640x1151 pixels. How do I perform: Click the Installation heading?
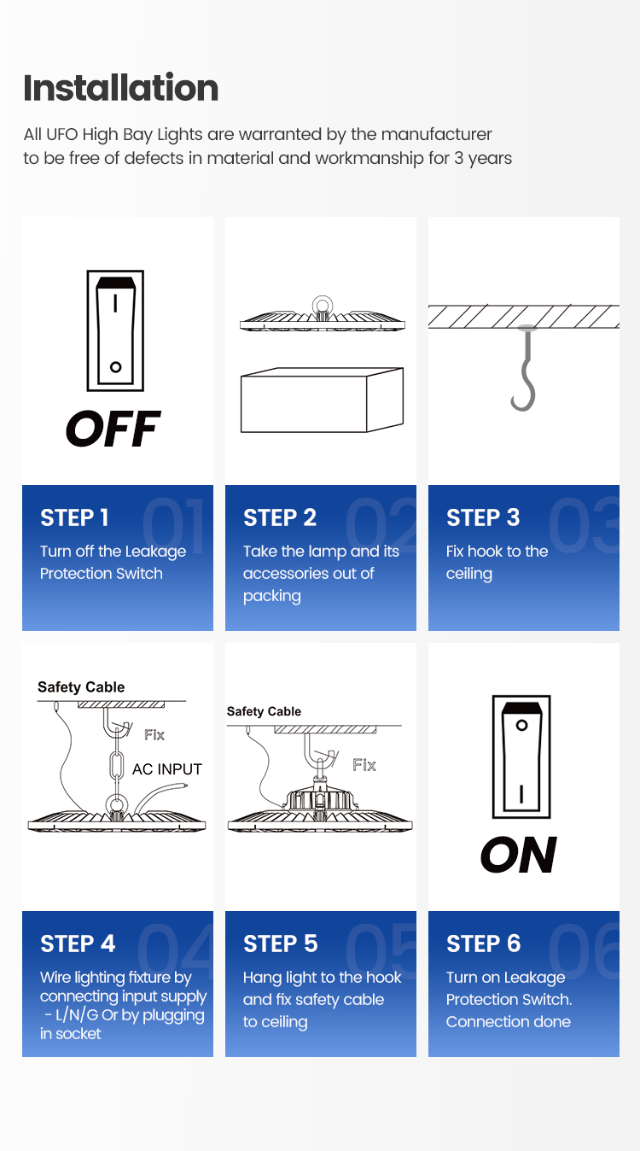pos(120,88)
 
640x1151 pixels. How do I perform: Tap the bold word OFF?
pos(113,428)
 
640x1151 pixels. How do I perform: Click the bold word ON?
pos(519,855)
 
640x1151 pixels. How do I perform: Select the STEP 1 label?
pos(74,517)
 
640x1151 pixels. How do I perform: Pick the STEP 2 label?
pos(280,517)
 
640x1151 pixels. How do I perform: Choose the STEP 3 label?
pos(483,517)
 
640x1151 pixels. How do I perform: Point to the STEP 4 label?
pos(78,944)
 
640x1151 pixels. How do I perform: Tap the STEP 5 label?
pos(281,944)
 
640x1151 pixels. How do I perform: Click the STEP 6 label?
pos(483,944)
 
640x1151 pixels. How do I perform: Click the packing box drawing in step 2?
pos(322,400)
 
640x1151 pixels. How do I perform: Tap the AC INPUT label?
pos(167,769)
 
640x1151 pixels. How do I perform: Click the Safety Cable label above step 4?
pos(81,687)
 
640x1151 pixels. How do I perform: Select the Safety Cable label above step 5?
pos(264,711)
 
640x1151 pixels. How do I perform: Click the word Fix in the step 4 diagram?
pos(154,735)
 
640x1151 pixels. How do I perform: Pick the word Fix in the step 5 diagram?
pos(364,765)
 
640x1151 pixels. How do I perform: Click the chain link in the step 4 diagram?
pos(117,764)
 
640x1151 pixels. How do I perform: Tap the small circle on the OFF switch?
pos(115,367)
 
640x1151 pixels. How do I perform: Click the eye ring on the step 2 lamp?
pos(322,306)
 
